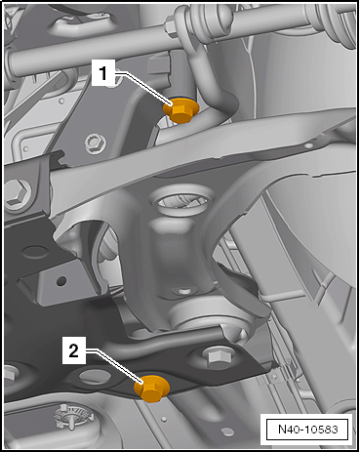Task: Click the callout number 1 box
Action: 103,73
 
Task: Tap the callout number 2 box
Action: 74,350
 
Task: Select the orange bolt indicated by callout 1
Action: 180,109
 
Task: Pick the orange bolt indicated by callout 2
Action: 152,389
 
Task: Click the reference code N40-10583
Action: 308,429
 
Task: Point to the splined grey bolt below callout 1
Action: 96,144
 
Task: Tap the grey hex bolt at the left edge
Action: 17,192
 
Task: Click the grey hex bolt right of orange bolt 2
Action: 218,357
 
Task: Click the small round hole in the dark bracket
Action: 61,280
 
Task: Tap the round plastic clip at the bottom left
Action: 72,416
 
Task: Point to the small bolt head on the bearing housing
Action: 184,291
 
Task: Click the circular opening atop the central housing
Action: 181,202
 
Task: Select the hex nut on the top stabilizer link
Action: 172,25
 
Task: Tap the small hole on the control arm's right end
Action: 309,144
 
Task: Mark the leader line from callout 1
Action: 144,88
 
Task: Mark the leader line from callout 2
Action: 114,366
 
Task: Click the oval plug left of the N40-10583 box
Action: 226,432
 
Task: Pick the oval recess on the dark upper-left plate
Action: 35,252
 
